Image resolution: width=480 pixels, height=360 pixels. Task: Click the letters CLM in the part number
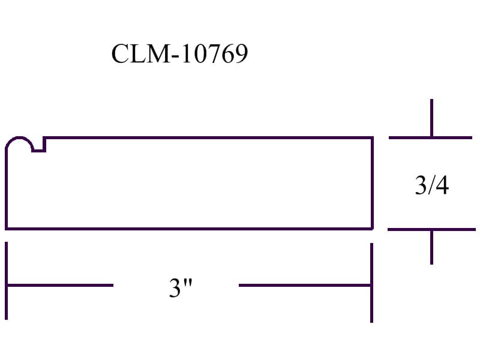coord(140,53)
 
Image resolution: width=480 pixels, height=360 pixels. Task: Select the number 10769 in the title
coord(215,53)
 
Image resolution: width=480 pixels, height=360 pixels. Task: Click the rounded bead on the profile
coord(19,139)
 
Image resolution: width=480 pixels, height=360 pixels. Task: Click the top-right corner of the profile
coord(373,138)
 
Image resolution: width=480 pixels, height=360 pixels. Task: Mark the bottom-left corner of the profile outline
coord(7,229)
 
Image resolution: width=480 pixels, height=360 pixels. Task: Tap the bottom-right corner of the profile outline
coord(372,229)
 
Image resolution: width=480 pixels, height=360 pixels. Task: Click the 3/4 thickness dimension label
coord(431,185)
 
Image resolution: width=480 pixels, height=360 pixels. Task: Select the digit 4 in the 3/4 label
coord(442,185)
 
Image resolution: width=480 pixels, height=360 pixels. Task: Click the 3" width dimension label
coord(181,287)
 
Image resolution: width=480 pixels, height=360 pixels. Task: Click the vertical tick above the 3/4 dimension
coord(431,118)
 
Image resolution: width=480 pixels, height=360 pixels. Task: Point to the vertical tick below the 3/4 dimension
coord(431,247)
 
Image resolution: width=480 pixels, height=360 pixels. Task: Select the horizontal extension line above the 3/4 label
coord(430,138)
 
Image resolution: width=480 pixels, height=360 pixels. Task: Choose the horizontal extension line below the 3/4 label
coord(431,229)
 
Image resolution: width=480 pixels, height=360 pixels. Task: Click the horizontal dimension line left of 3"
coord(60,286)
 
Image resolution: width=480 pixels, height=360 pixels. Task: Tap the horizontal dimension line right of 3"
coord(305,286)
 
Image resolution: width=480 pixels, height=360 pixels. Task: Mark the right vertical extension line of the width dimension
coord(371,283)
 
